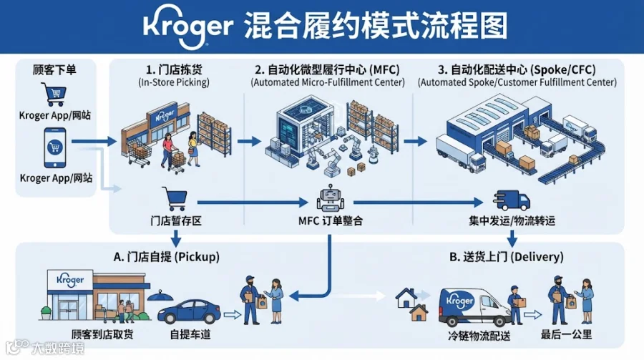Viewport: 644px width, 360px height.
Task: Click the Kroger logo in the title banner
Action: pos(188,26)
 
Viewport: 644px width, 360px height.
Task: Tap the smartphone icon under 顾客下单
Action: pos(55,147)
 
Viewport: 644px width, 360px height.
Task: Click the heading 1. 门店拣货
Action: pos(174,70)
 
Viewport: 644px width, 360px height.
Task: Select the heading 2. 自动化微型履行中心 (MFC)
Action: pos(327,70)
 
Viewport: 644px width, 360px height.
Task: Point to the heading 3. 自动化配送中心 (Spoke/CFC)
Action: pos(517,70)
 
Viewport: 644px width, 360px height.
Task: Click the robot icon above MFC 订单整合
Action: pos(330,198)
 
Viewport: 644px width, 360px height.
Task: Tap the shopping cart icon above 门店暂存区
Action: pos(175,198)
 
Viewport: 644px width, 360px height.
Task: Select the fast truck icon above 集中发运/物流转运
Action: pos(512,200)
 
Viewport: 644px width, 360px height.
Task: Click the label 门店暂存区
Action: pos(176,221)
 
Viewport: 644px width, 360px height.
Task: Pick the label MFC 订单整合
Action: pos(331,221)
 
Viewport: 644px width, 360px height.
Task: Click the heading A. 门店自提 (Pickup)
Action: pos(166,257)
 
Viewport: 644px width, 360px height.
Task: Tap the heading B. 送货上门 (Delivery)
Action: pos(507,257)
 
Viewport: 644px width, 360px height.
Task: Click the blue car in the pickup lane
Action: pos(189,311)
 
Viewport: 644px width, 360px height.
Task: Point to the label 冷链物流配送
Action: pos(479,336)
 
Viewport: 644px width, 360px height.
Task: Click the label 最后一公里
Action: pos(567,335)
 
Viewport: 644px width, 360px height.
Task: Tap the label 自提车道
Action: pos(190,335)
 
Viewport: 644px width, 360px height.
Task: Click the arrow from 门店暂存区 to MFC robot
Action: pos(253,203)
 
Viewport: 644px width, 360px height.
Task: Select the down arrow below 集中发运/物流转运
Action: pos(512,238)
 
